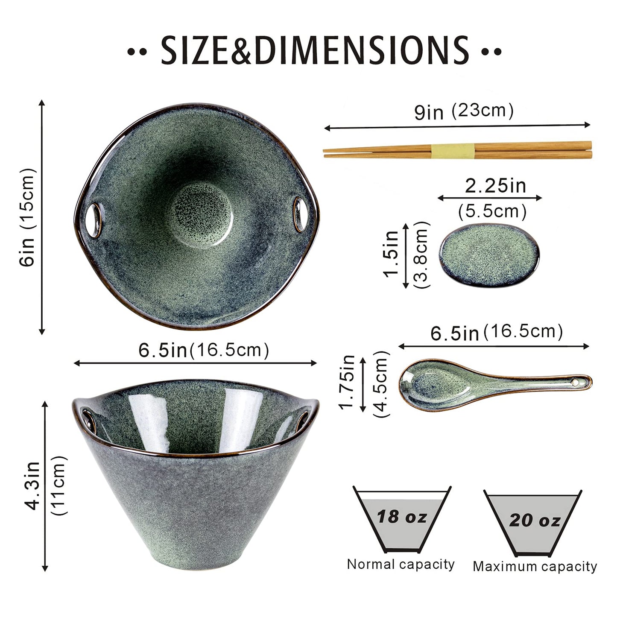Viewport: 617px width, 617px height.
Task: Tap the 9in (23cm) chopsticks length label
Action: [464, 111]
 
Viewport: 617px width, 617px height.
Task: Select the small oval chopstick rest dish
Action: [489, 255]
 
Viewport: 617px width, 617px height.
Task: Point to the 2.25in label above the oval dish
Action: [495, 186]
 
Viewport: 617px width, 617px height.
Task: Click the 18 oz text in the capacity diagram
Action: [402, 517]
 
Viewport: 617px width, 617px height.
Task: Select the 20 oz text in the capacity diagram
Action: [534, 520]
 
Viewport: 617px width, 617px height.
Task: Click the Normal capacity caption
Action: [401, 564]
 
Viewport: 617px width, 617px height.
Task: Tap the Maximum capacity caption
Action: [535, 567]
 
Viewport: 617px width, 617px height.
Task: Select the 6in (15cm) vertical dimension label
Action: [27, 217]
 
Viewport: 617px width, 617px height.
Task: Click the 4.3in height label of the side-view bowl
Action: [33, 485]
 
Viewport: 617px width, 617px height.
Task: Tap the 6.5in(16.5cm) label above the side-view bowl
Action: [204, 350]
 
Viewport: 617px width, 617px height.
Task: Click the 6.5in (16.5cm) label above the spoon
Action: [496, 332]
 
